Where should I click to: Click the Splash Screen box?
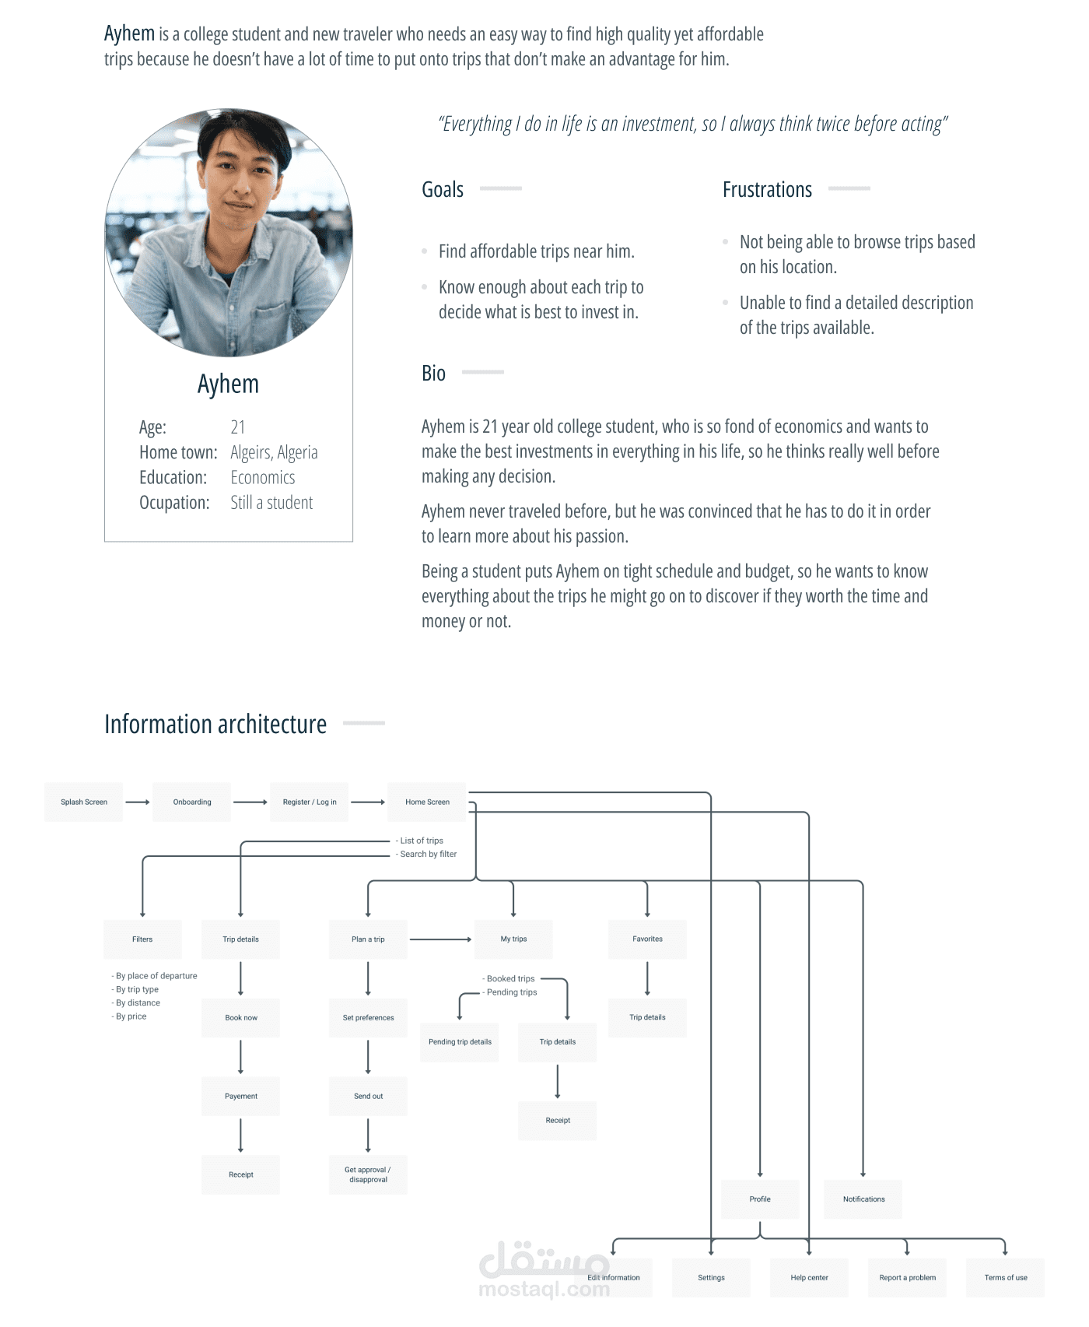point(84,802)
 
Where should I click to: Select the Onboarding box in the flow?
point(192,802)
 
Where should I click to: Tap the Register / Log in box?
point(310,802)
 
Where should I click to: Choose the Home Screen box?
point(427,802)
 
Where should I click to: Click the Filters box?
point(142,939)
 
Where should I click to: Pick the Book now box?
point(241,1018)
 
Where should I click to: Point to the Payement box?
point(241,1097)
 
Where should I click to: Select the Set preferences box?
point(368,1018)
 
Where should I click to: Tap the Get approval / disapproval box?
point(368,1174)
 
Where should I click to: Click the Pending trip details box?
point(460,1042)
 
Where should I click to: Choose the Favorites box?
point(647,939)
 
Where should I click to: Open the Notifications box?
point(863,1199)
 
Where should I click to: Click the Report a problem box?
point(907,1278)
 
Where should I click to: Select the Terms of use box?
point(1006,1278)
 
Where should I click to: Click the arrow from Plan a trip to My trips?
point(440,939)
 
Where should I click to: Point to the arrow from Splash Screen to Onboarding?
point(138,802)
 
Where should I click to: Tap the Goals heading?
point(443,190)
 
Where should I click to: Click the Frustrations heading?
point(767,190)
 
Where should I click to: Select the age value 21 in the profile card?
point(238,427)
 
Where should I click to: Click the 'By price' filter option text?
point(131,1016)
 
